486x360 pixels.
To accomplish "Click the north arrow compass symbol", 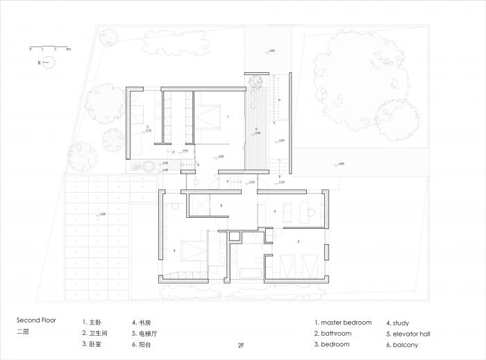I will click(x=47, y=63).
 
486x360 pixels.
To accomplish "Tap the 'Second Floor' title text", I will click(x=36, y=321).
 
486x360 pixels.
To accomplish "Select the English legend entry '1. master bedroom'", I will click(x=342, y=323).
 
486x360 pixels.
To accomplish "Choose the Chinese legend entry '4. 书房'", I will click(x=142, y=323).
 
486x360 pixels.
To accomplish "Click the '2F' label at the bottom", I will click(x=241, y=345).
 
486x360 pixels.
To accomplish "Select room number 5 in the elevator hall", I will click(x=221, y=206).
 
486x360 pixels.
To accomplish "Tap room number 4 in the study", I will click(x=275, y=211).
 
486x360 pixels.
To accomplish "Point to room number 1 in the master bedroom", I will click(x=227, y=117).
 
